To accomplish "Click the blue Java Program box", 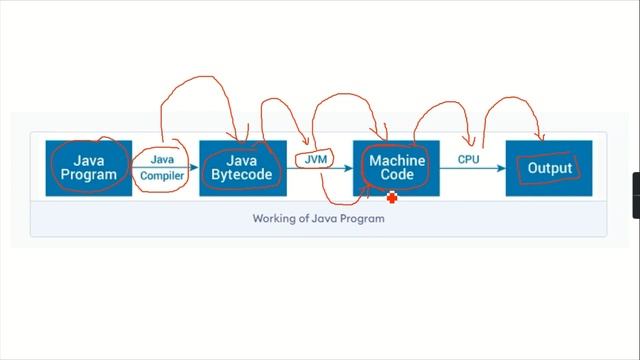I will coord(89,167).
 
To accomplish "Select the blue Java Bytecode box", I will coord(242,167).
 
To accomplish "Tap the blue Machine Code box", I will coord(396,167).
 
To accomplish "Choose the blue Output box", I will coord(549,167).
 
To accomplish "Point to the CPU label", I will coord(468,158).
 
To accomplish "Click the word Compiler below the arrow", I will coord(162,177).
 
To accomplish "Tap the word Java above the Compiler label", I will coord(162,158).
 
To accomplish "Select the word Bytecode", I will coord(242,175).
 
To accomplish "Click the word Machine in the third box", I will coord(397,160).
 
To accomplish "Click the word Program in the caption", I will coord(362,219).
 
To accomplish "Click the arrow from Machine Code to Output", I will coord(470,168).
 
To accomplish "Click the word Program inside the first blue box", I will coord(89,175).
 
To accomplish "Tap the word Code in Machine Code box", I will coord(397,175).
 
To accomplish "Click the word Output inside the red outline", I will coord(550,168).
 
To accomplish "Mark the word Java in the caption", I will coord(326,219).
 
